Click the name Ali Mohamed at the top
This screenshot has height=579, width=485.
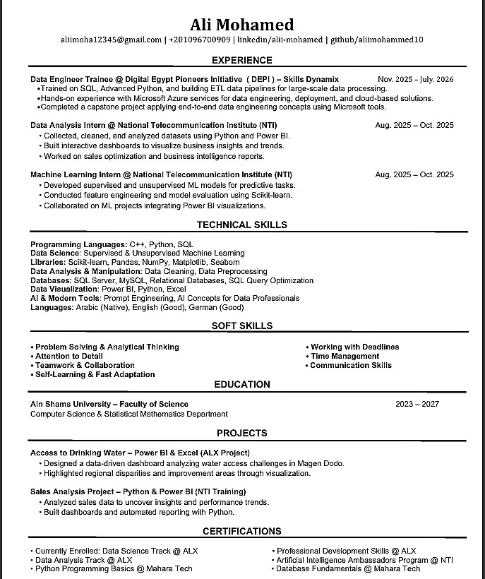point(242,25)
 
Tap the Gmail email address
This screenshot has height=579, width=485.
point(111,40)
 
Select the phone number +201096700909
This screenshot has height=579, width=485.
point(200,40)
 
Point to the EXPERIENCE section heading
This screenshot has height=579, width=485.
point(242,61)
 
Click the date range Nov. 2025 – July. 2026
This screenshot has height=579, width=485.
point(416,79)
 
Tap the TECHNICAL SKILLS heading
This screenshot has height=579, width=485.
point(242,225)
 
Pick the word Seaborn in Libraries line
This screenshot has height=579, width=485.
point(224,262)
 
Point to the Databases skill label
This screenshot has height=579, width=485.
point(50,280)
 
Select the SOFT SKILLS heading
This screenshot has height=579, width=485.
point(242,326)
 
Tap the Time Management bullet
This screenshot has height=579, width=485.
point(345,356)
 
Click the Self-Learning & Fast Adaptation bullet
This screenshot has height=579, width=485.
point(95,374)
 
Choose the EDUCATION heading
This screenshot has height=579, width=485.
point(242,384)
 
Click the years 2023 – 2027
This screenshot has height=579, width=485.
point(417,404)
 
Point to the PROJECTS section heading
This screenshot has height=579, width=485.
point(242,433)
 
